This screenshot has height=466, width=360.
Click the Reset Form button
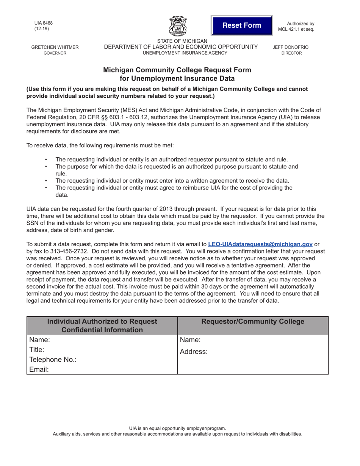click(x=241, y=25)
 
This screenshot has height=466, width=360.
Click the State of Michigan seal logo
click(x=178, y=26)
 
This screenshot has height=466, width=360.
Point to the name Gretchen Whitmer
click(x=55, y=47)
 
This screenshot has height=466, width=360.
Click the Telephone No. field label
click(x=53, y=360)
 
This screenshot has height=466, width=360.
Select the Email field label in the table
click(x=39, y=369)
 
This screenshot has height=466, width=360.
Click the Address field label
click(x=194, y=352)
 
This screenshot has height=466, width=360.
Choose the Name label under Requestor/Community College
click(x=190, y=340)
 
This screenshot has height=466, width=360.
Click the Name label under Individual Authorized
click(x=39, y=340)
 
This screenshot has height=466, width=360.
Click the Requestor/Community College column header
click(x=253, y=322)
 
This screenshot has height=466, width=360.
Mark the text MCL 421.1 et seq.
click(x=296, y=29)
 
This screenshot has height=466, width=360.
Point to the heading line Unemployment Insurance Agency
click(x=185, y=53)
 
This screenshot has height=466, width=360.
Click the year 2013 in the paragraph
click(x=162, y=209)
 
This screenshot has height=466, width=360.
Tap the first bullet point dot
click(x=46, y=160)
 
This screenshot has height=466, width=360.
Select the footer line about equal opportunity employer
click(x=177, y=428)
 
